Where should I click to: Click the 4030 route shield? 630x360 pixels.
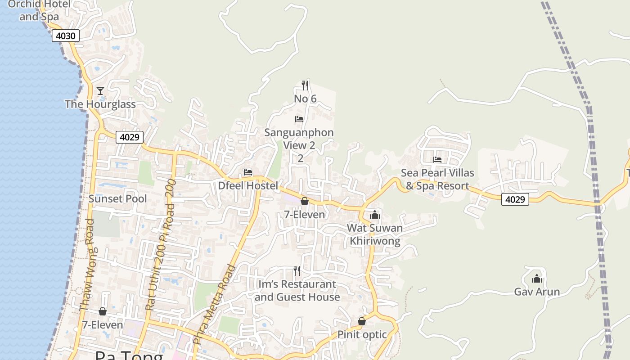[66, 36]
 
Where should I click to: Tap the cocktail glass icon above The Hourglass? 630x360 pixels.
[100, 91]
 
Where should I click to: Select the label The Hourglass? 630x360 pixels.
[100, 104]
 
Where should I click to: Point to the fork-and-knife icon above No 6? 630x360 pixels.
[305, 85]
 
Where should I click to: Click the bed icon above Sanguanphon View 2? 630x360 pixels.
[299, 119]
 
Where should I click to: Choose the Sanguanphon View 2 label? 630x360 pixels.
[299, 139]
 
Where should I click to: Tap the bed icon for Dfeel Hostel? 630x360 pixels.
[248, 172]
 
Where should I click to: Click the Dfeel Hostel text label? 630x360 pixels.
[248, 185]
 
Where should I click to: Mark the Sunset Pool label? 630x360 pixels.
[117, 199]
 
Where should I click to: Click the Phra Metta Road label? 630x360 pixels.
[215, 304]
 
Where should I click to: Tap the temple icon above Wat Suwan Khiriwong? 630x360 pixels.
[375, 215]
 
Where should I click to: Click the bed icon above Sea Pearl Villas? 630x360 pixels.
[437, 159]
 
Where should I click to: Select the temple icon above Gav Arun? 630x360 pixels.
[537, 278]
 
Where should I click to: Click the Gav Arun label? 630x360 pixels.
[537, 292]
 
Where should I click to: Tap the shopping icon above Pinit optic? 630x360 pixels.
[362, 321]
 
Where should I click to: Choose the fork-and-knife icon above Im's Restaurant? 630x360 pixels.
[297, 270]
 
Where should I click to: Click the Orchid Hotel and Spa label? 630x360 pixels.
[39, 11]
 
